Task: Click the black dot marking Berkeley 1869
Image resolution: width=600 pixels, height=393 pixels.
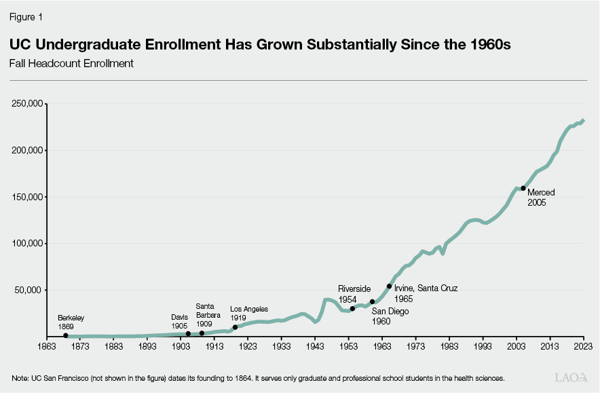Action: tap(66, 335)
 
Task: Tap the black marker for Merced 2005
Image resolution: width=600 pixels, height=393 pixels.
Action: tap(523, 188)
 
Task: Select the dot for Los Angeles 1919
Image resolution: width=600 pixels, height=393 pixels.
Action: tap(235, 327)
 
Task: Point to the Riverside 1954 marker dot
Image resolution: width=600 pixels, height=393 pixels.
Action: tap(352, 308)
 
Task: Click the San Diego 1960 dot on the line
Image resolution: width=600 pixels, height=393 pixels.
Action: tap(372, 301)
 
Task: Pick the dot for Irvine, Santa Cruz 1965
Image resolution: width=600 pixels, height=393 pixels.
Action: tap(389, 286)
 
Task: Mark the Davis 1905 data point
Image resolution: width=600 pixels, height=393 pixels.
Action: tap(188, 334)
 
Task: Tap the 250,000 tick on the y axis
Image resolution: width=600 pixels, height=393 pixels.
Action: tap(28, 104)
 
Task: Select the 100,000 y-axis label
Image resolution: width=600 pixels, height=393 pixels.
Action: tap(28, 243)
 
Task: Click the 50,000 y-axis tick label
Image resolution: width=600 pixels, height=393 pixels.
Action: tap(31, 290)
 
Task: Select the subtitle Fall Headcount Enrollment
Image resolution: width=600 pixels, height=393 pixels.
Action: tap(71, 64)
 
